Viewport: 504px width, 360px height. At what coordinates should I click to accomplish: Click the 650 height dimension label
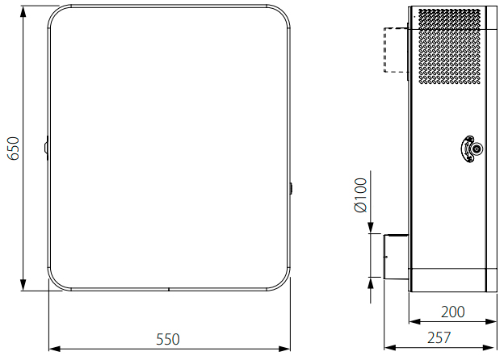click(x=14, y=149)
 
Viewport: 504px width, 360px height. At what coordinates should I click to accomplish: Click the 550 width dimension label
click(x=168, y=339)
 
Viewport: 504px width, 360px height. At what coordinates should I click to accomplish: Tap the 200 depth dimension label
click(x=452, y=312)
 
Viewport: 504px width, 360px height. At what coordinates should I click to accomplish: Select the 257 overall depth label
click(x=439, y=337)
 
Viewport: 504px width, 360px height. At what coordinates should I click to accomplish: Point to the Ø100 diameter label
click(x=361, y=195)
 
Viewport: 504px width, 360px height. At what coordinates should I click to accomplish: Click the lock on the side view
click(x=472, y=149)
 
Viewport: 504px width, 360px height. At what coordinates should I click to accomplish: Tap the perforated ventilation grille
click(x=450, y=46)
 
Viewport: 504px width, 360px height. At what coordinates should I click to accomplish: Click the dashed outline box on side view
click(x=396, y=50)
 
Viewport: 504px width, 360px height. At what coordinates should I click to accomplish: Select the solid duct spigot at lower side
click(x=396, y=257)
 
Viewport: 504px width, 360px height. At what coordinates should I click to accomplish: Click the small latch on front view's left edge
click(x=46, y=148)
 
